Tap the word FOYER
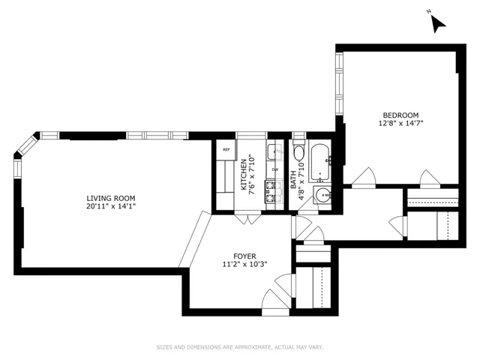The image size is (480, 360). click(x=235, y=255)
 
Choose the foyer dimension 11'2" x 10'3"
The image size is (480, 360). click(x=235, y=264)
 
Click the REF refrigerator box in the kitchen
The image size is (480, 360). click(x=225, y=150)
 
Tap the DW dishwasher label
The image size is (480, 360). click(x=274, y=169)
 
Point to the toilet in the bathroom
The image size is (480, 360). click(x=298, y=154)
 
